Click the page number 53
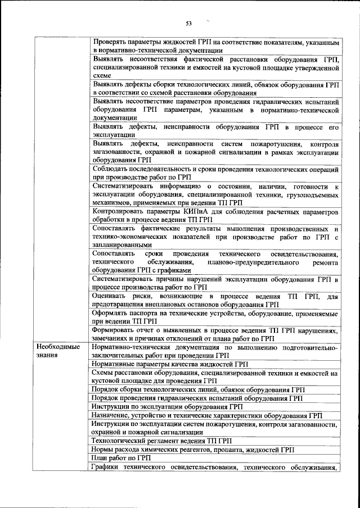[x=188, y=23]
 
